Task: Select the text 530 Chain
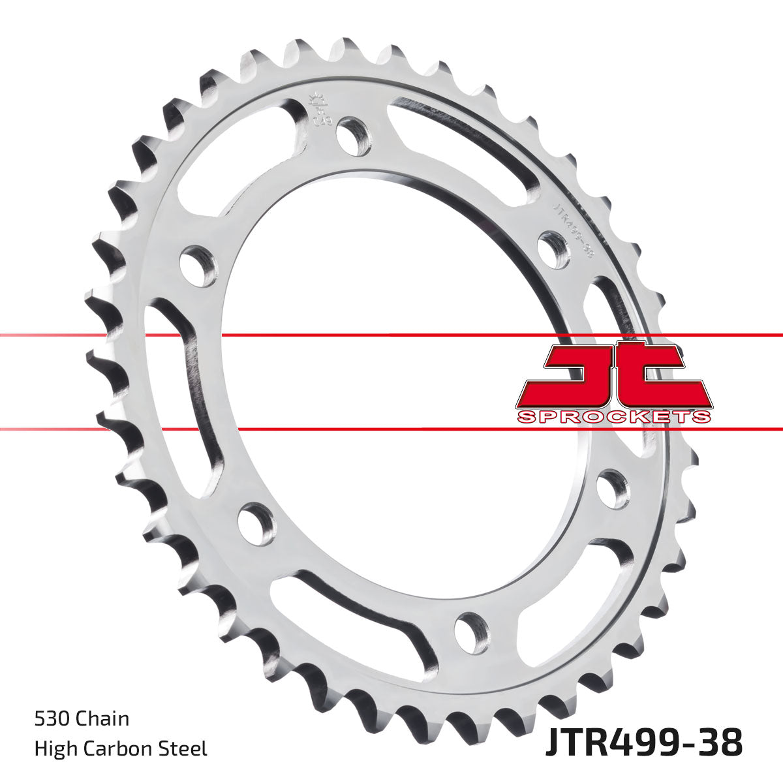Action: point(82,719)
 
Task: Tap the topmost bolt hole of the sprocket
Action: point(354,136)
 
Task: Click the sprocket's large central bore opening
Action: point(391,391)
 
